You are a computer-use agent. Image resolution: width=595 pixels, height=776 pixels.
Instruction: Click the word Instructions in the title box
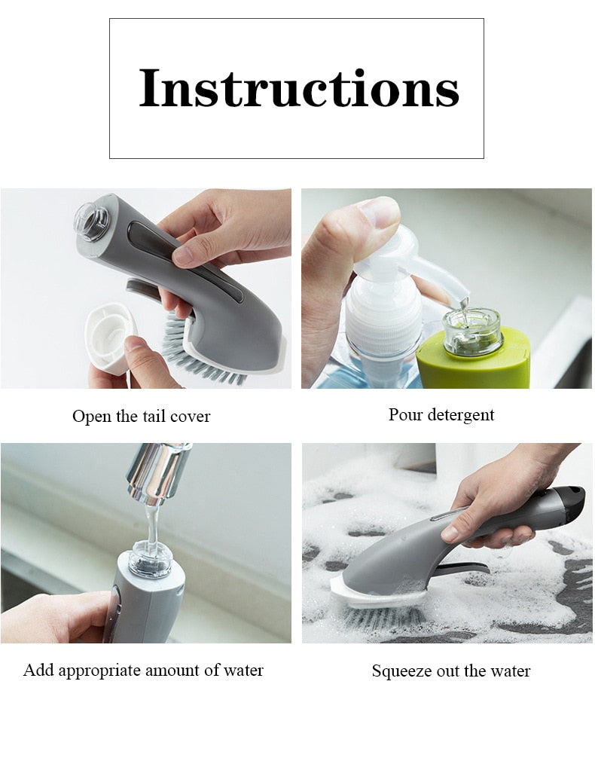[x=298, y=89]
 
